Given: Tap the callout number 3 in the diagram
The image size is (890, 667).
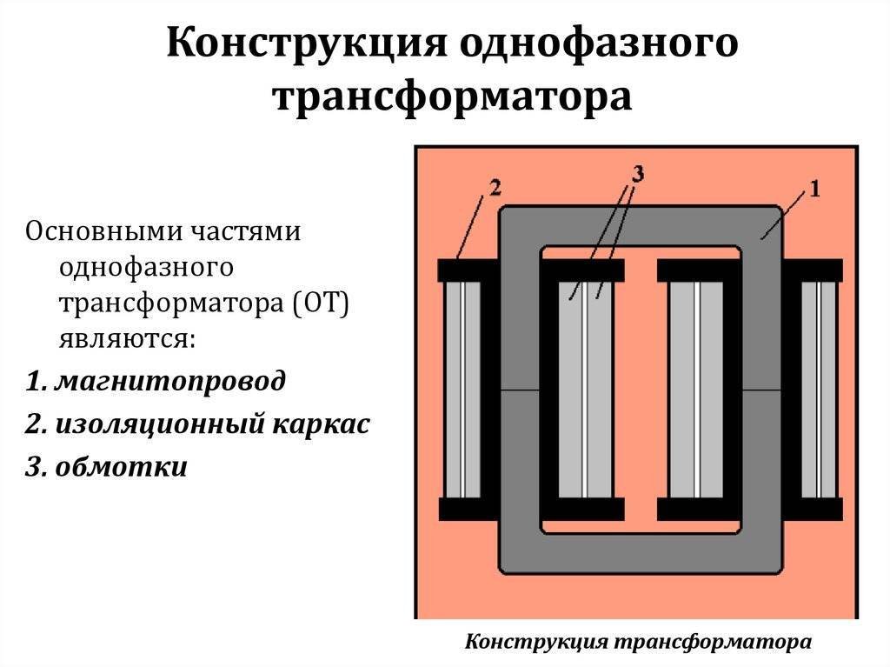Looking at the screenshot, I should click(636, 174).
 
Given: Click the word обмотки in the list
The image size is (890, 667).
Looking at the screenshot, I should click(122, 466).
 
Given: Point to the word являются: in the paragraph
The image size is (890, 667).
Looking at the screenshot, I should click(128, 337).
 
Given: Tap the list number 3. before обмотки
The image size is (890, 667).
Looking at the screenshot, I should click(37, 466).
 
